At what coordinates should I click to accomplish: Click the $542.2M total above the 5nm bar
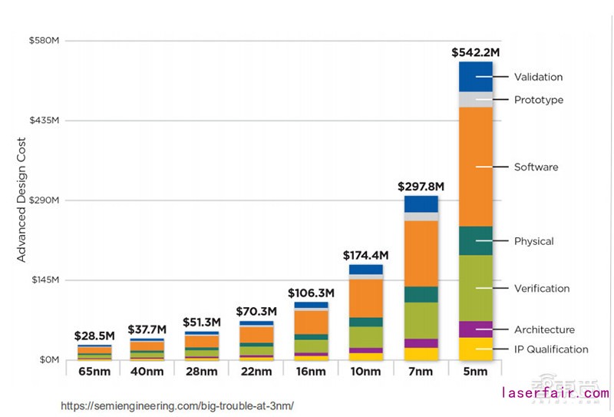click(475, 53)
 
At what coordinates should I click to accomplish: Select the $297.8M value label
click(421, 187)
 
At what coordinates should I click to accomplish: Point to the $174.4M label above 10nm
click(366, 255)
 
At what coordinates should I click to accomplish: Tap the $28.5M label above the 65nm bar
click(94, 336)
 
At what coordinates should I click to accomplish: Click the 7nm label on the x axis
click(421, 371)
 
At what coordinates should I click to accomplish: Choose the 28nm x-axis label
click(202, 371)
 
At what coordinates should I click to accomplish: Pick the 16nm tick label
click(311, 371)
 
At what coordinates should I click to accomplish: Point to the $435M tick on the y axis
click(45, 121)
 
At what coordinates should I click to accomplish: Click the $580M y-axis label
click(45, 40)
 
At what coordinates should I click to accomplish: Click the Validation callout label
click(538, 77)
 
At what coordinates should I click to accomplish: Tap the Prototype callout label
click(538, 100)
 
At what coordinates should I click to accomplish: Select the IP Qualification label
click(551, 349)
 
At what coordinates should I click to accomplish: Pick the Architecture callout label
click(544, 329)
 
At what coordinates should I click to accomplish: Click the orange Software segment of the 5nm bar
click(475, 167)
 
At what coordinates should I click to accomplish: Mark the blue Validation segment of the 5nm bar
click(475, 77)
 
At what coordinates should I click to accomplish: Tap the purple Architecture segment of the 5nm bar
click(475, 329)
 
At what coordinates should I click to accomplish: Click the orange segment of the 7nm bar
click(421, 253)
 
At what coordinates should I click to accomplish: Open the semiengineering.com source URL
click(177, 405)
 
